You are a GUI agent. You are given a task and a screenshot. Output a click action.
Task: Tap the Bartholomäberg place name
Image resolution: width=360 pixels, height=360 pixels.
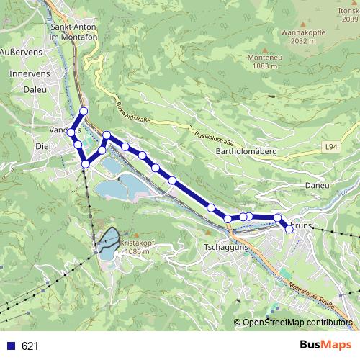tap(246, 152)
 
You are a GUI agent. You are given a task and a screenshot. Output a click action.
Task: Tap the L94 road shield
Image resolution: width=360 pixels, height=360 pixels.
tap(330, 147)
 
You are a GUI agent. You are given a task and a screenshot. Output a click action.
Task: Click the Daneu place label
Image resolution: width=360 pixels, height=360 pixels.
tap(317, 185)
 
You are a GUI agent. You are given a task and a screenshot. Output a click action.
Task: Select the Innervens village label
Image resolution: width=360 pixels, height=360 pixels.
tap(29, 73)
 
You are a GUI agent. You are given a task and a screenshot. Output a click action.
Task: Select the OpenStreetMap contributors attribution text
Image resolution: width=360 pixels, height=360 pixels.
tap(297, 322)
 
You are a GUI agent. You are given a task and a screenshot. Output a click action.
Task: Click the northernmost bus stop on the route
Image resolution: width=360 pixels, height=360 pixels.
tap(84, 111)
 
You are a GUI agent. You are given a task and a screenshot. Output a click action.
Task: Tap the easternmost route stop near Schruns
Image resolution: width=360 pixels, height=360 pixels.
tap(289, 228)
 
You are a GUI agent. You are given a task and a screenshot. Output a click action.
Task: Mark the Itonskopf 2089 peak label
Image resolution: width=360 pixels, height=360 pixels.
tap(348, 15)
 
